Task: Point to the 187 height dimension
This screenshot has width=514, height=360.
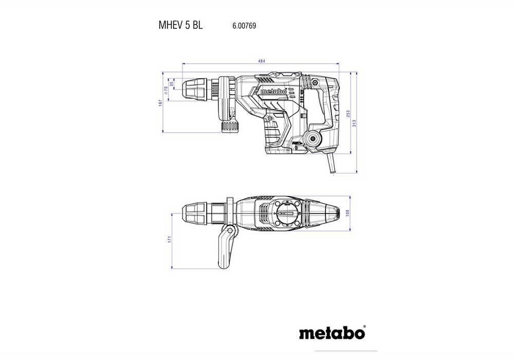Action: tap(160, 103)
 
